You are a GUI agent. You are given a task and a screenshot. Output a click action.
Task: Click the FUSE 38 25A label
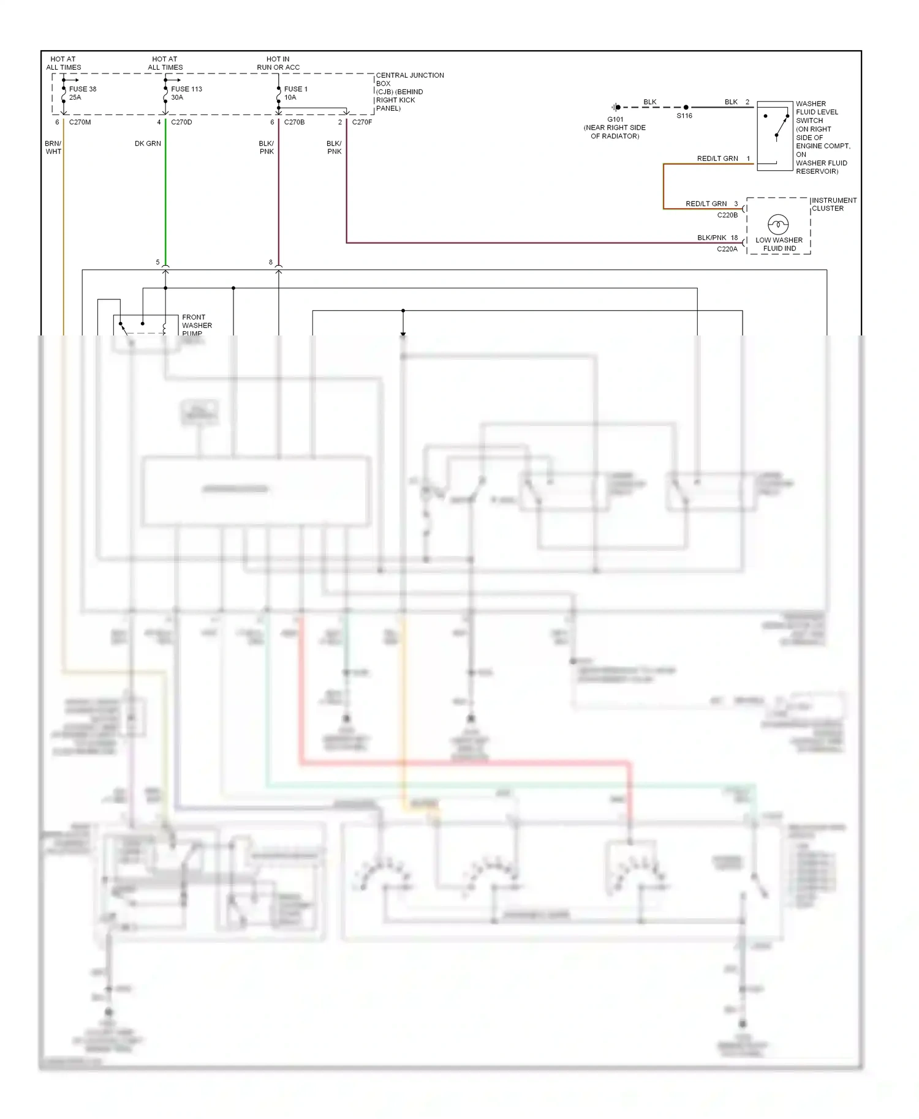82,93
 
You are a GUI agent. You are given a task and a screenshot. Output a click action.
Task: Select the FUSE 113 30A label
186,93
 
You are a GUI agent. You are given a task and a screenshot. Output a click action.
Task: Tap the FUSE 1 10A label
295,93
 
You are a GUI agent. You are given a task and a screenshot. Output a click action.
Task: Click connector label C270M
80,122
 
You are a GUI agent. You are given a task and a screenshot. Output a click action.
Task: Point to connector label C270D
181,122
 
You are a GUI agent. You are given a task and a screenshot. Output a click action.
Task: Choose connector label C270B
294,122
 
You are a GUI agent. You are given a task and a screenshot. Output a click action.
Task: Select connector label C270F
362,122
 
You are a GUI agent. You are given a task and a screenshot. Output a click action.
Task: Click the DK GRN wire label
148,144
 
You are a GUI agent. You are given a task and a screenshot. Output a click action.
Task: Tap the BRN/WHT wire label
53,148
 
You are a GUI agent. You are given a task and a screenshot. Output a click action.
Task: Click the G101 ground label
615,120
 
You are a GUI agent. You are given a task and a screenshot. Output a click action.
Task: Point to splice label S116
684,116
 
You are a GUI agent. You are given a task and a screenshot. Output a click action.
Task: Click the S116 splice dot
686,107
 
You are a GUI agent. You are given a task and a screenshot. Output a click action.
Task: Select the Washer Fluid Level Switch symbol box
775,136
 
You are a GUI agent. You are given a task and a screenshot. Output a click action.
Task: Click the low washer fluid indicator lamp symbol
778,224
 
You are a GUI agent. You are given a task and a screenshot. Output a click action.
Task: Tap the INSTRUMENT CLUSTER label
833,204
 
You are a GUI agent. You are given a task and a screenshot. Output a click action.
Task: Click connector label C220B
727,215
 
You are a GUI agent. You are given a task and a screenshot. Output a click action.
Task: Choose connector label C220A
727,249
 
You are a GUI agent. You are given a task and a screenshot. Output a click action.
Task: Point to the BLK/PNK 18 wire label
717,238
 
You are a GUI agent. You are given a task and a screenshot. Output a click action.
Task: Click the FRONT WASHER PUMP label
197,325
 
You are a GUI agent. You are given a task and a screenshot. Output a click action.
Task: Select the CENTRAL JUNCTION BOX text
409,80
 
